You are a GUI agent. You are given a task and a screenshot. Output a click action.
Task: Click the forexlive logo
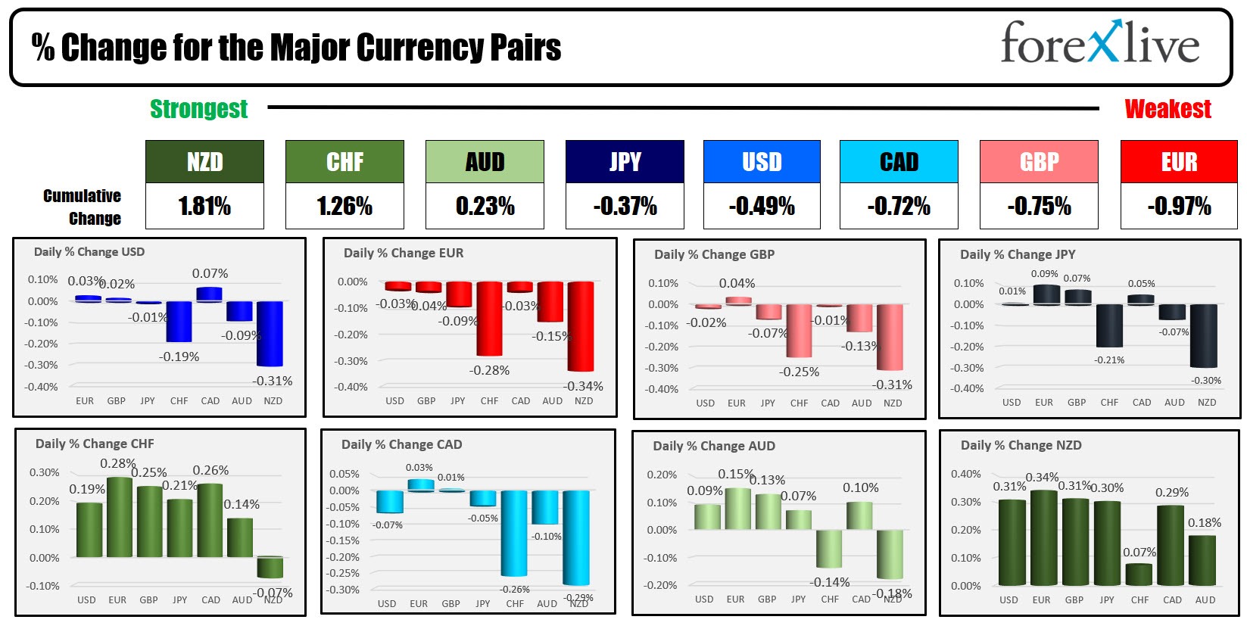click(x=1099, y=43)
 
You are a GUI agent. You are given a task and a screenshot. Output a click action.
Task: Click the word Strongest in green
click(x=198, y=109)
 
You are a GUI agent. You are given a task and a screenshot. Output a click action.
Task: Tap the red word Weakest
click(x=1168, y=109)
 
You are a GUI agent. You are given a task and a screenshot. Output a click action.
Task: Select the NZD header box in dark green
click(x=204, y=161)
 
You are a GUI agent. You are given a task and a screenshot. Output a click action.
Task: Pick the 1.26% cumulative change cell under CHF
click(x=344, y=206)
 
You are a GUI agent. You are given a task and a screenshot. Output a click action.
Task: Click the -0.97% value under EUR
click(x=1179, y=206)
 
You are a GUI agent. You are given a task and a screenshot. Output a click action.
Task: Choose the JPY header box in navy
click(x=625, y=161)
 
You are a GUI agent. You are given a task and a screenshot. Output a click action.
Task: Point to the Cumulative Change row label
click(x=83, y=207)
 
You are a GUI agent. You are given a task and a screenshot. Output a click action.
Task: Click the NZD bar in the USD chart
click(x=270, y=333)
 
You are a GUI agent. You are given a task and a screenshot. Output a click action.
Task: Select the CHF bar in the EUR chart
click(x=489, y=318)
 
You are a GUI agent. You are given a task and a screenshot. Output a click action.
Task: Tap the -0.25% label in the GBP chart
click(x=799, y=372)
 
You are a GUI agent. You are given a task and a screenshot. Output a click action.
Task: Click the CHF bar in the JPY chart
click(x=1109, y=325)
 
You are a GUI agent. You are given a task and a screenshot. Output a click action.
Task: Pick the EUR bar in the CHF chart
click(x=119, y=517)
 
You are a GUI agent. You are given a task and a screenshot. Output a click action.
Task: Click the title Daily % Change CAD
click(x=401, y=444)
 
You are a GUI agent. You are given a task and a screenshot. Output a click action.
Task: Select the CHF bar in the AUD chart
click(x=829, y=548)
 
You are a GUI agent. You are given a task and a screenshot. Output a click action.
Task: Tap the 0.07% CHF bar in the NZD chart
click(x=1139, y=575)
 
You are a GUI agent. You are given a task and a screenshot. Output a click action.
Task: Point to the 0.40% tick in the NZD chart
click(x=965, y=474)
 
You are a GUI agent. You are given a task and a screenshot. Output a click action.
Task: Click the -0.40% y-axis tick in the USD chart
click(x=42, y=387)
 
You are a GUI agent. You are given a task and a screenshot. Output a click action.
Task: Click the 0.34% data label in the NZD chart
click(x=1042, y=478)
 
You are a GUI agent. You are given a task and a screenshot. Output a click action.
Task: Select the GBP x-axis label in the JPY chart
click(x=1076, y=403)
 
